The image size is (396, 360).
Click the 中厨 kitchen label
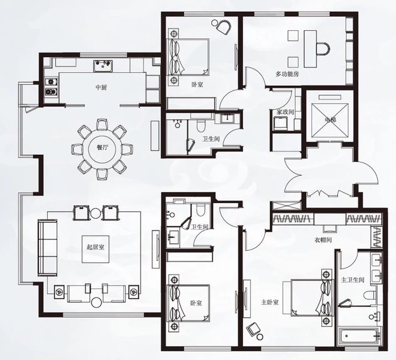point(102,88)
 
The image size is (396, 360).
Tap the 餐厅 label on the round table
point(102,148)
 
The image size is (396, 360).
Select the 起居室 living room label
point(95,247)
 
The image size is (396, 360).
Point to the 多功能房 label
point(287,74)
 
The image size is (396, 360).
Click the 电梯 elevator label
point(331,119)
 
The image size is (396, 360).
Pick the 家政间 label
point(286,112)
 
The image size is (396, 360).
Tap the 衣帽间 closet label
point(323,240)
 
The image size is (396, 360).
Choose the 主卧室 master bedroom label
point(270,302)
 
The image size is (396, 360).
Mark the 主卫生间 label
point(353,280)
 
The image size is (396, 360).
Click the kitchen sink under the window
point(103,66)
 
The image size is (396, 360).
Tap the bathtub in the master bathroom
point(360,336)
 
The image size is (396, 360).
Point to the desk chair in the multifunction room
point(323,49)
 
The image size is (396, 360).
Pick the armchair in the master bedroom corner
point(253,329)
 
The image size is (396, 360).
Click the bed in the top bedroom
point(189,57)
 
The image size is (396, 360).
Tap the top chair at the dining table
point(103,125)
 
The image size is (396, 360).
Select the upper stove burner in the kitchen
point(51,82)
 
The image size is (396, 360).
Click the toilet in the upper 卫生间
point(201,125)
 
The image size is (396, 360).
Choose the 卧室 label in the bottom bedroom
point(196,302)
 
